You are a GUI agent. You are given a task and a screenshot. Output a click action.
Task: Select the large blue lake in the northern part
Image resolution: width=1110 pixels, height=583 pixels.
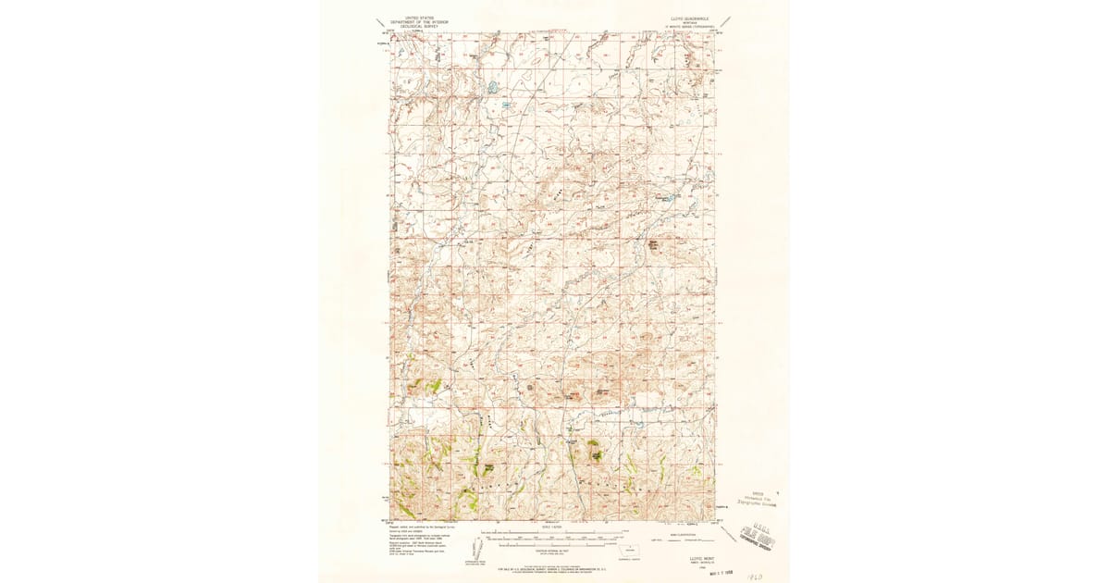pyautogui.click(x=490, y=90)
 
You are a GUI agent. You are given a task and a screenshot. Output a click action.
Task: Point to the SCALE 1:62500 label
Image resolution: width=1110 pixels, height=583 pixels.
pyautogui.click(x=554, y=527)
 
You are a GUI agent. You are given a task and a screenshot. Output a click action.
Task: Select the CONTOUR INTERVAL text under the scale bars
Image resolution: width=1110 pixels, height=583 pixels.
pyautogui.click(x=554, y=550)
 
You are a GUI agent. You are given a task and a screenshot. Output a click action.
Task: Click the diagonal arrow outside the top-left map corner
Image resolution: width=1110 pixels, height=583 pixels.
pyautogui.click(x=380, y=21)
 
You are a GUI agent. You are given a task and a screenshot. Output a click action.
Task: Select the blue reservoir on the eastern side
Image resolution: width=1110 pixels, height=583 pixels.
pyautogui.click(x=664, y=199)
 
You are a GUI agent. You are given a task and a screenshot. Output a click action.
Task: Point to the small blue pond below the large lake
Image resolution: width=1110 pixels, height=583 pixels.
pyautogui.click(x=506, y=105)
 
